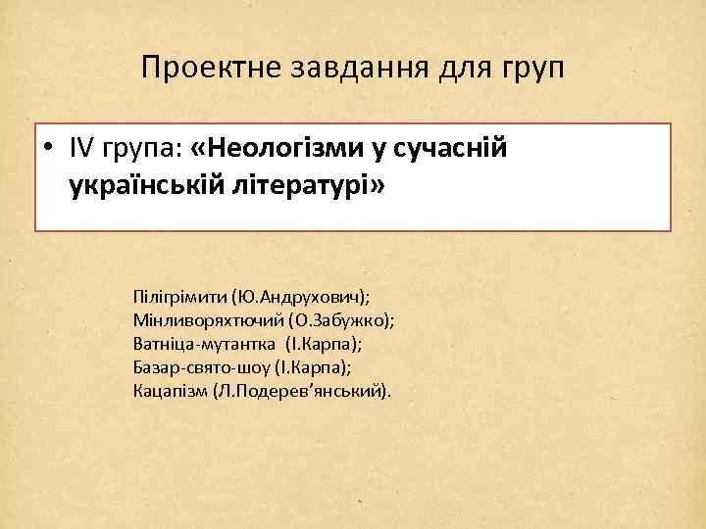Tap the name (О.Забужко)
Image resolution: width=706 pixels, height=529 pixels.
pyautogui.click(x=339, y=319)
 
